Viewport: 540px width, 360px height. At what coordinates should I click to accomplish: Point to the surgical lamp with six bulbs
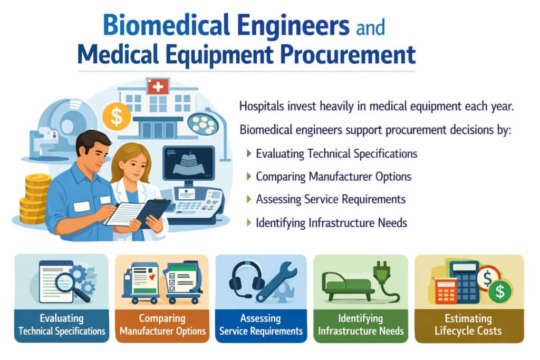point(203,124)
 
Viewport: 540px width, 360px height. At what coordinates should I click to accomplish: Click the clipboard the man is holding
point(125,213)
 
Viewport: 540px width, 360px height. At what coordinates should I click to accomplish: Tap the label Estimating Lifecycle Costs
point(469,325)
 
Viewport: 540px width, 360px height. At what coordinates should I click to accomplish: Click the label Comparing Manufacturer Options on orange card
point(162,325)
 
